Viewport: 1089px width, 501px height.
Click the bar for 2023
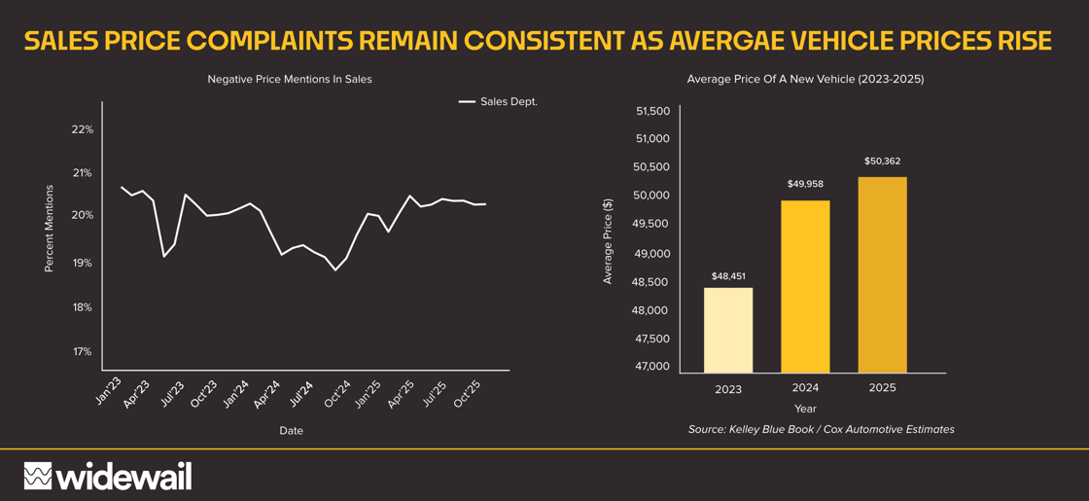pyautogui.click(x=728, y=331)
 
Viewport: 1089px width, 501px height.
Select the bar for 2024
pyautogui.click(x=805, y=287)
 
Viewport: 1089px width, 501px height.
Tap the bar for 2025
pyautogui.click(x=882, y=275)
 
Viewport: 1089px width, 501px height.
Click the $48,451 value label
pyautogui.click(x=728, y=276)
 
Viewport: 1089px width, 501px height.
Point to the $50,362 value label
pyautogui.click(x=882, y=161)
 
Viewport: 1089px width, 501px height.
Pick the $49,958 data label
pyautogui.click(x=805, y=184)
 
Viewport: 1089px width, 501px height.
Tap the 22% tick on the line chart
pyautogui.click(x=83, y=129)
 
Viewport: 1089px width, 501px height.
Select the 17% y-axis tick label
pyautogui.click(x=83, y=351)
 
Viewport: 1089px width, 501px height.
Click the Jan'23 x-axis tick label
pyautogui.click(x=109, y=391)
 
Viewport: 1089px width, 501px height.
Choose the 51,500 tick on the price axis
pyautogui.click(x=652, y=111)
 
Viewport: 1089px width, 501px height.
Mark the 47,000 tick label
pyautogui.click(x=652, y=367)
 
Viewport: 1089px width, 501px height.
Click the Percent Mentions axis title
pyautogui.click(x=49, y=229)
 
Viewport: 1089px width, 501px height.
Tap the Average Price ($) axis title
pyautogui.click(x=608, y=240)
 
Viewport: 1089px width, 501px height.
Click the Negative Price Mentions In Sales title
pyautogui.click(x=290, y=79)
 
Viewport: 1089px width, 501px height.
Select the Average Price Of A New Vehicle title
pyautogui.click(x=805, y=79)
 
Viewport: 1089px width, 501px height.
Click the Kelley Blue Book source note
pyautogui.click(x=821, y=429)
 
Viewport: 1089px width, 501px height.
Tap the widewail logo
pyautogui.click(x=108, y=477)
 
